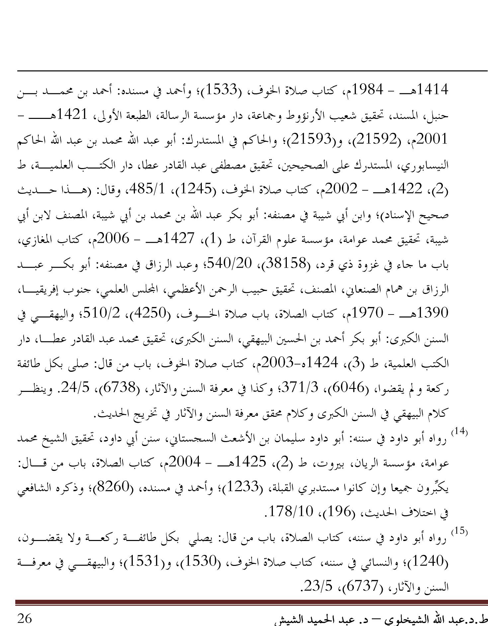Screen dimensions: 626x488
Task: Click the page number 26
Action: click(25, 618)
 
